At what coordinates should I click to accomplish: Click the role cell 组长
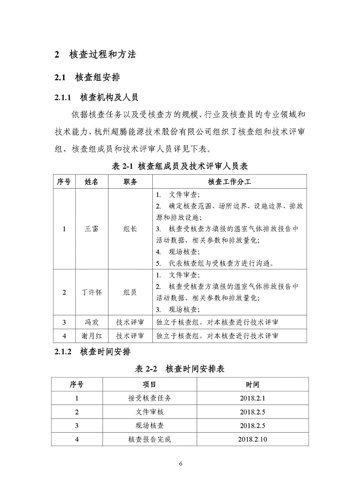(x=130, y=228)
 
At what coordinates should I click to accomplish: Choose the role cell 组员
(x=130, y=292)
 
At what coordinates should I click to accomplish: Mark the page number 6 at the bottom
(x=180, y=464)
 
